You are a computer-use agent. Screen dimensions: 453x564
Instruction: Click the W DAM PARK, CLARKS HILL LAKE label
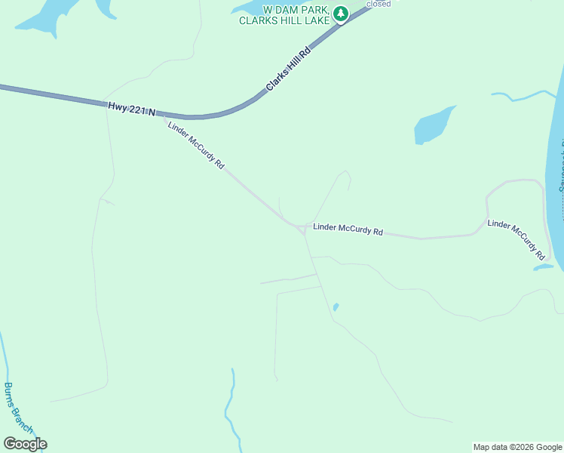[x=284, y=15]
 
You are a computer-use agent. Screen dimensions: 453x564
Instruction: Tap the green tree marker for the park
[x=341, y=14]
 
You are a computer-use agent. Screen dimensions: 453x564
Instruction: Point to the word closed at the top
[x=379, y=4]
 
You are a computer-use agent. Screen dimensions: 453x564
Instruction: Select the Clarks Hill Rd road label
[x=289, y=70]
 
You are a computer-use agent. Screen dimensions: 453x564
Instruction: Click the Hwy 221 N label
[x=131, y=109]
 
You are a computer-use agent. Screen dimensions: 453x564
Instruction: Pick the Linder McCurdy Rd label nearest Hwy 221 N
[x=196, y=144]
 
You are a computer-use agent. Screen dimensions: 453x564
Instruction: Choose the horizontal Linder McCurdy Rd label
[x=348, y=229]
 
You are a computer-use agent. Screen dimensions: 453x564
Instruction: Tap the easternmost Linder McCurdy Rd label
[x=516, y=239]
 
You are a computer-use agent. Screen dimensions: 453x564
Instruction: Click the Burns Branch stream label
[x=18, y=408]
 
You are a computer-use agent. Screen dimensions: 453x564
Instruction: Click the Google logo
[x=25, y=444]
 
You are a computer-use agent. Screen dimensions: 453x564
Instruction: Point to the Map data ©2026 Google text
[x=517, y=447]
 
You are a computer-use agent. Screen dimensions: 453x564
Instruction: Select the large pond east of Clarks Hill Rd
[x=434, y=125]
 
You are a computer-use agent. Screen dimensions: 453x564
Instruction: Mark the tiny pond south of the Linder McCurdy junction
[x=336, y=307]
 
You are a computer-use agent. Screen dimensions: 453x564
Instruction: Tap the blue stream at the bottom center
[x=231, y=408]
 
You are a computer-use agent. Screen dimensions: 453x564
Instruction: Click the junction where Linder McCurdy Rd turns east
[x=301, y=227]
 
